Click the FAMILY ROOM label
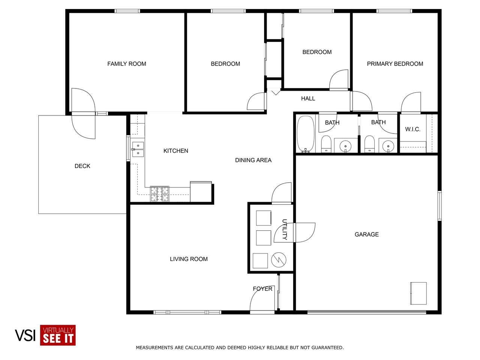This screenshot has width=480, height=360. [127, 64]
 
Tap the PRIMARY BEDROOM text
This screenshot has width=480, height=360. [395, 64]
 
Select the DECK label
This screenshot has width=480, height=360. [82, 166]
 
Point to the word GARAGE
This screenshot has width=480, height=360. [367, 234]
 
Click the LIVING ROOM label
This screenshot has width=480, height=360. [189, 259]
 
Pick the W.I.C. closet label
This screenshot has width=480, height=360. [412, 129]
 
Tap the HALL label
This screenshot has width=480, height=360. [308, 99]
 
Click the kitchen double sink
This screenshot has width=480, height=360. [138, 149]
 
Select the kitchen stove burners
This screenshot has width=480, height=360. [160, 193]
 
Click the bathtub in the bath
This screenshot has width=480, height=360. [306, 134]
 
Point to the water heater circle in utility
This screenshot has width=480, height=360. [279, 260]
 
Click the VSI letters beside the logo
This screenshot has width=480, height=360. [25, 335]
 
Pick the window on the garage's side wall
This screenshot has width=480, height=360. [439, 205]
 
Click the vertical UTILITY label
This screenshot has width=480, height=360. [285, 229]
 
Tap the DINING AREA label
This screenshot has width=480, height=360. [253, 160]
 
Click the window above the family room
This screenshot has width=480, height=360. [127, 11]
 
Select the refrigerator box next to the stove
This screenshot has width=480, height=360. [201, 192]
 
